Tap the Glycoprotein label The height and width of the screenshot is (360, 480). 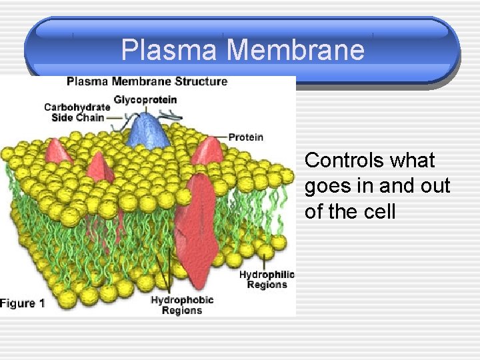145,100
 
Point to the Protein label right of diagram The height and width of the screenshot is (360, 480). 246,137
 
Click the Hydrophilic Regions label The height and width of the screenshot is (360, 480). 267,279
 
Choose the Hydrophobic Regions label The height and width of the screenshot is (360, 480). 181,305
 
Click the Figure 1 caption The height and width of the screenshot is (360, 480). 23,303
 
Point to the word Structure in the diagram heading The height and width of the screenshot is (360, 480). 201,82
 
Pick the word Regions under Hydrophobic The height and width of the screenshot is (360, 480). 181,311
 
